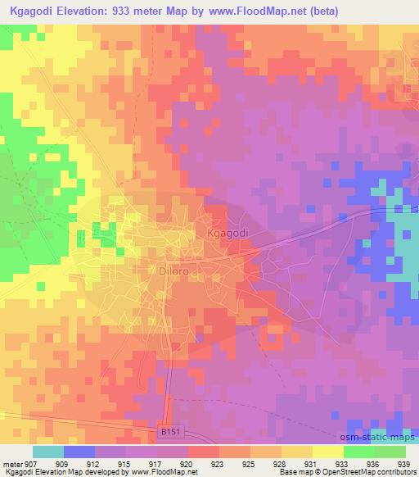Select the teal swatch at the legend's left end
coord(48,451)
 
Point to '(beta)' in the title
coord(320,11)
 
